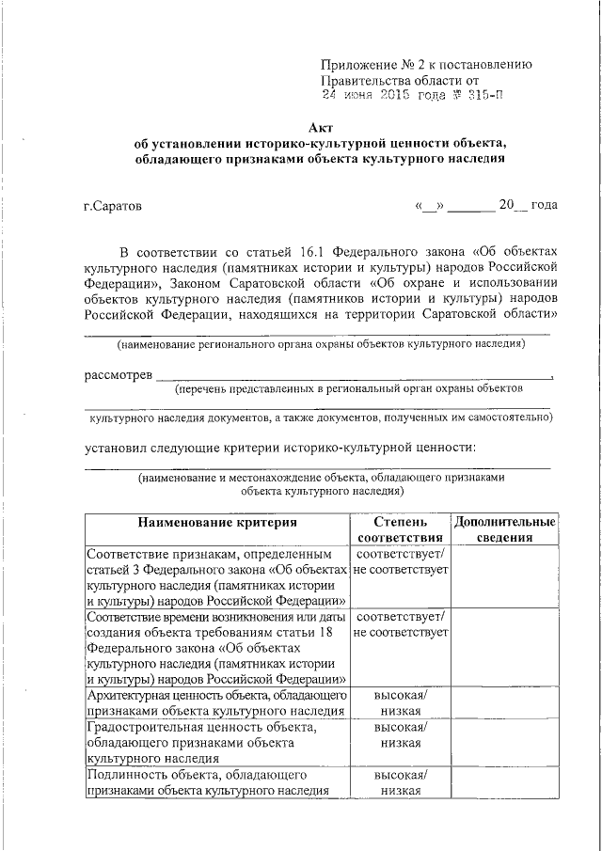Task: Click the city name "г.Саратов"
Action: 113,205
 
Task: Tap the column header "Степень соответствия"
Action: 400,529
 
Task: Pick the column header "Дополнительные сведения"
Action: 504,529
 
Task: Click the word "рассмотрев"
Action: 119,376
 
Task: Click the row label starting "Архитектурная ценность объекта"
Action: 215,701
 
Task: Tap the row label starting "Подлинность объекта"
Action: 215,782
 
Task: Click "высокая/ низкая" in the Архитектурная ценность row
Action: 400,701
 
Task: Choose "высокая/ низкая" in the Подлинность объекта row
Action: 400,782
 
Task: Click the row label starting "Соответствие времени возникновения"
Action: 215,648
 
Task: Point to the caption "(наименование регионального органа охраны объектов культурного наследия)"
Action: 321,345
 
